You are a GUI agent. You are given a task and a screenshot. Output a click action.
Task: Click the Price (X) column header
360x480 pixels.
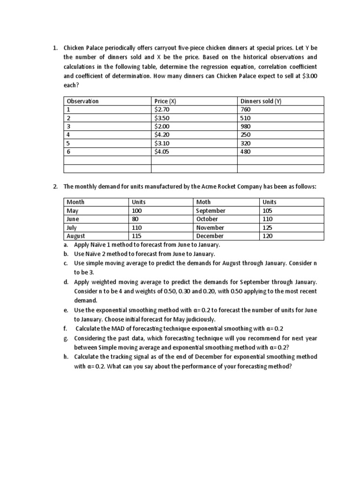165,101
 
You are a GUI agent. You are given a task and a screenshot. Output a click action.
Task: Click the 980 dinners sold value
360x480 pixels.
246,126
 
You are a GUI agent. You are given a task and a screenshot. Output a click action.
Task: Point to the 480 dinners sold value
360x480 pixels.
246,151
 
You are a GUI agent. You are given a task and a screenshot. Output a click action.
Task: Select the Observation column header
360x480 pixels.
83,101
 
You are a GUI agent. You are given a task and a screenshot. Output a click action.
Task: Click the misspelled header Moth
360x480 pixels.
203,202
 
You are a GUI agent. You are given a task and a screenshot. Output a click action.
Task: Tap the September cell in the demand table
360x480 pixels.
210,210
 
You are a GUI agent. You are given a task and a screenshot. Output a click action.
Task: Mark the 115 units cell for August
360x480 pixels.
137,236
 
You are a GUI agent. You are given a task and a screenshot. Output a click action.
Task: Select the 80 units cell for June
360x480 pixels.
136,219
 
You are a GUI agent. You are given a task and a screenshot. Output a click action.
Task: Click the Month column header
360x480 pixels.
75,202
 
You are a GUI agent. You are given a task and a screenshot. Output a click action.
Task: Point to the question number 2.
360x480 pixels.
55,187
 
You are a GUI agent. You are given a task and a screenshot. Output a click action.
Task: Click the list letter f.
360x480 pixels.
67,329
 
